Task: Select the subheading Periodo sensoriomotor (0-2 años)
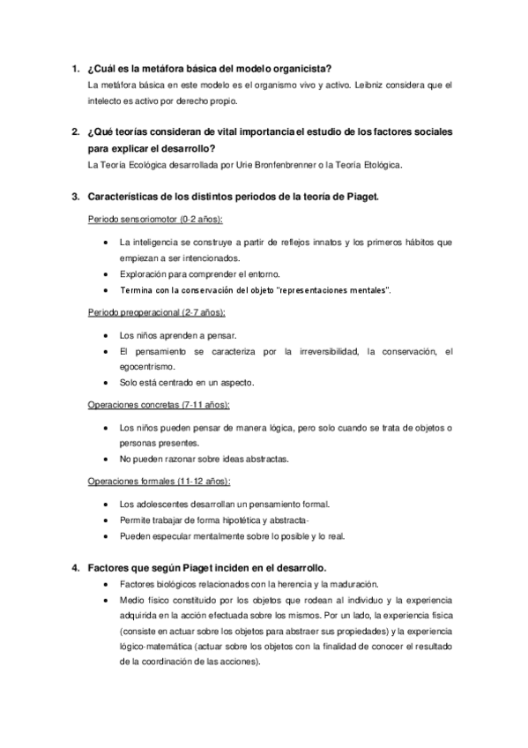(155, 218)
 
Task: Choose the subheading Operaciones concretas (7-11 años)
(160, 405)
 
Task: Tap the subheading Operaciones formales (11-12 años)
(160, 482)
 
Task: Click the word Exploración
(146, 274)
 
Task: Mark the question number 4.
(76, 566)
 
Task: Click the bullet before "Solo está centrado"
(107, 383)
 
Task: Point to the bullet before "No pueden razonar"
(107, 460)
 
